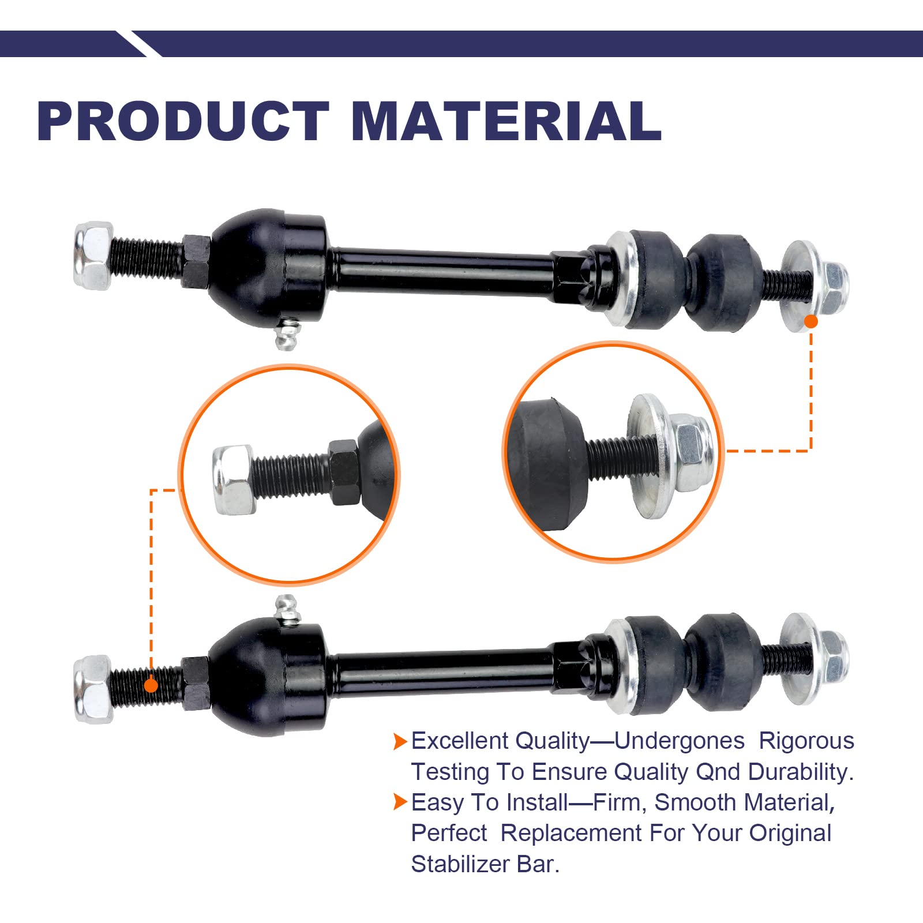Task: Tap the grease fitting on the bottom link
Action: (x=287, y=609)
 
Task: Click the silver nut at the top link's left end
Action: (x=92, y=255)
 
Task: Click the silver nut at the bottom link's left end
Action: (x=92, y=689)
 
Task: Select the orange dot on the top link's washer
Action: (x=811, y=321)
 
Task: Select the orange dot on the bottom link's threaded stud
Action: (x=151, y=685)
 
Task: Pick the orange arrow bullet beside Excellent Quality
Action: (x=400, y=741)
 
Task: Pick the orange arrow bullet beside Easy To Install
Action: (x=400, y=802)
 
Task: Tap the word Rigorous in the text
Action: (x=806, y=741)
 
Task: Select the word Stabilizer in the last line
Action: (x=456, y=864)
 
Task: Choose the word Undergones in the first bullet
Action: (x=679, y=741)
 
